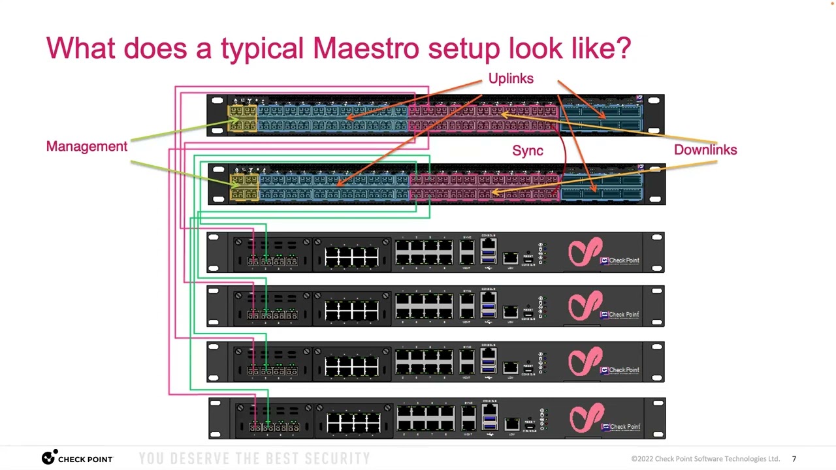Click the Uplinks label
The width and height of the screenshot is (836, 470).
click(511, 78)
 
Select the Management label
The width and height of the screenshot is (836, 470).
click(87, 146)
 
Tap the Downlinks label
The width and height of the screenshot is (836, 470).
click(705, 149)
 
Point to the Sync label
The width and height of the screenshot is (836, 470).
click(528, 151)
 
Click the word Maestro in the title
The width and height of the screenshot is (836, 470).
click(365, 48)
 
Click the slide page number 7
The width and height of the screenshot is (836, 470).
click(794, 459)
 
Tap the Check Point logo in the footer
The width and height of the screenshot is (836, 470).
click(77, 458)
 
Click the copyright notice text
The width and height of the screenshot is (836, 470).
click(705, 459)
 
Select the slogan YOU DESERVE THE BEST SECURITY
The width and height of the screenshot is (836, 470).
click(255, 459)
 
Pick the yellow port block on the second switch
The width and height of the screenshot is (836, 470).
click(244, 187)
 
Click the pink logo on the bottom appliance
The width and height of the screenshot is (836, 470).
click(586, 418)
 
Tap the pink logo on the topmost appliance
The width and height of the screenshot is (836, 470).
click(585, 253)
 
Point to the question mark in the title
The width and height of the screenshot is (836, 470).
click(623, 48)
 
